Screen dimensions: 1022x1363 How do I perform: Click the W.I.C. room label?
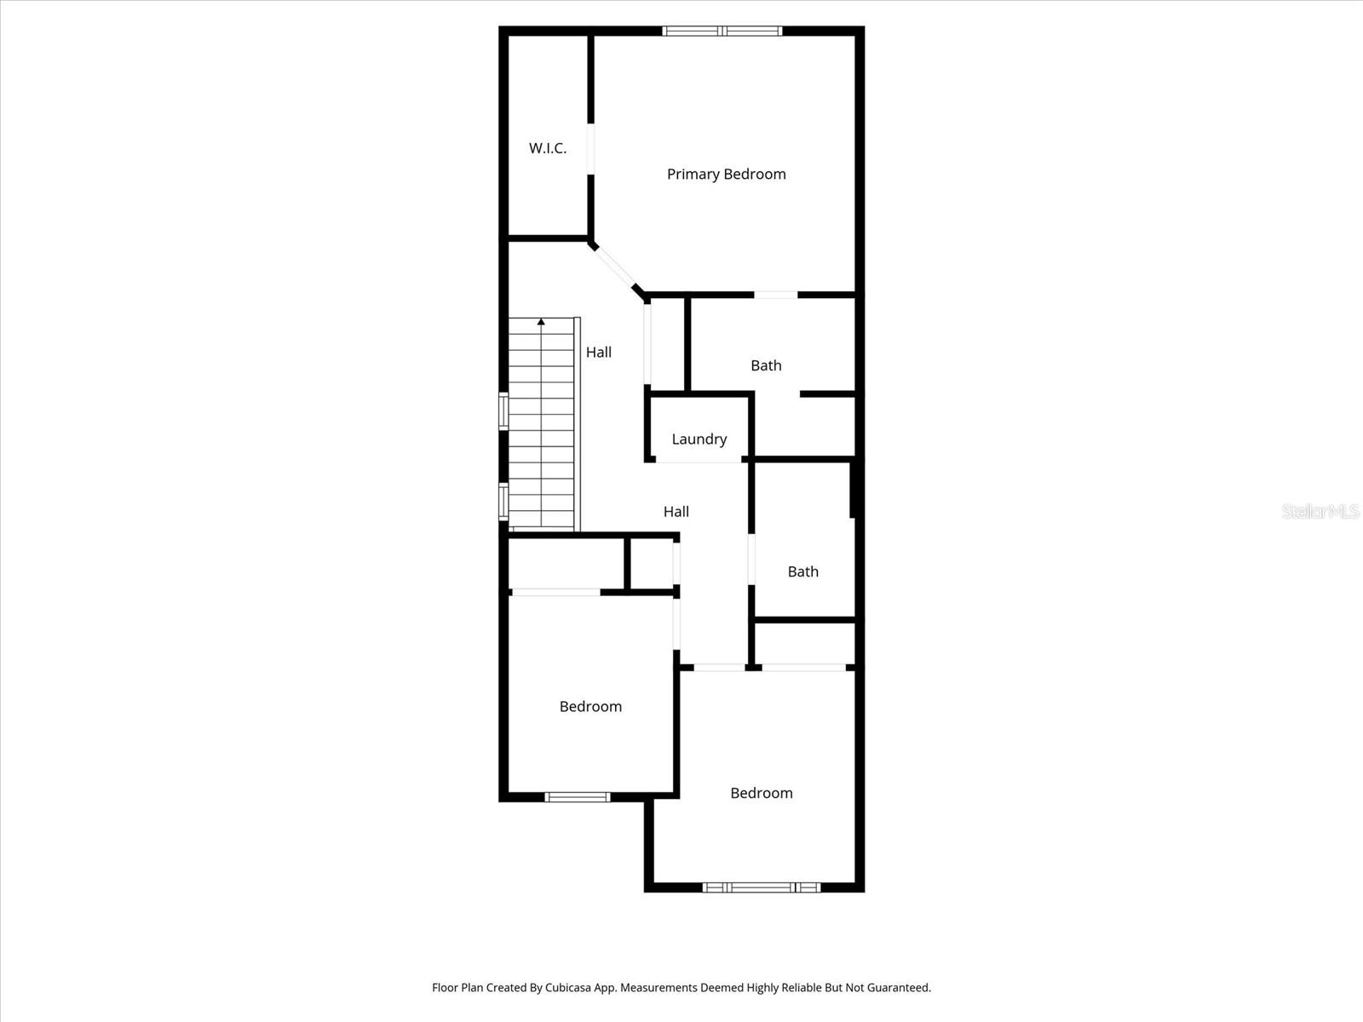point(547,148)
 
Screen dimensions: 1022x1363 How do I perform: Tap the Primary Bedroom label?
point(726,174)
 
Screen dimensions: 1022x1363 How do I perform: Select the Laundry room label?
point(699,439)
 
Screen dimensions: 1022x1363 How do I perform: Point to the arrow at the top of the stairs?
point(541,322)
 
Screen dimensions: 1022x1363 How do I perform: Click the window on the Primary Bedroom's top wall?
point(722,32)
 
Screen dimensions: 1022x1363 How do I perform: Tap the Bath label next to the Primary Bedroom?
point(766,365)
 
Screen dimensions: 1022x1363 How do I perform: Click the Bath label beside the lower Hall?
point(802,571)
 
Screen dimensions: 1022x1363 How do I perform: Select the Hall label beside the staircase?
point(598,352)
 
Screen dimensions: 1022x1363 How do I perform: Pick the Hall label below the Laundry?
point(676,511)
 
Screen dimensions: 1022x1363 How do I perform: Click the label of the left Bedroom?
point(590,706)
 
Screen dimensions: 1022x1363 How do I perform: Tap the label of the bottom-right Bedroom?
point(761,793)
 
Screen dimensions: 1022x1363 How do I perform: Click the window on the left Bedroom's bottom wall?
point(578,797)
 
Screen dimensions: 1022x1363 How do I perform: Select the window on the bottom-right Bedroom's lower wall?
point(761,887)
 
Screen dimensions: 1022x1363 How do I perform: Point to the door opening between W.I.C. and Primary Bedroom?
point(590,150)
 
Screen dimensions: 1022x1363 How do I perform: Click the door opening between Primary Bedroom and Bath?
point(775,295)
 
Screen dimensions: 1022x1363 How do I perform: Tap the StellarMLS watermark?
point(1320,511)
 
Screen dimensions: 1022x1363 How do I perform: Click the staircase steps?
point(542,426)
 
